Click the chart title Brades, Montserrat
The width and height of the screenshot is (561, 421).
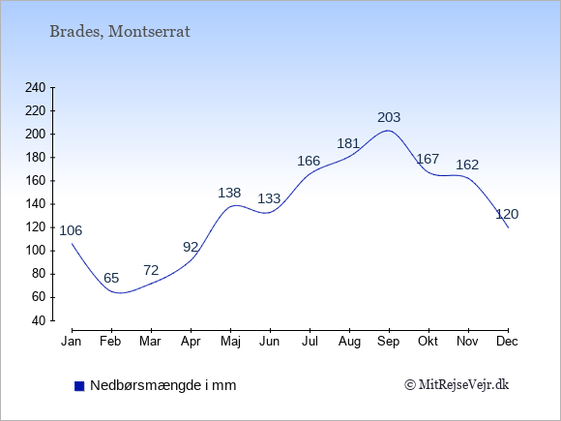click(x=120, y=32)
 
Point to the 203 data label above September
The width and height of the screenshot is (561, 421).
click(x=389, y=117)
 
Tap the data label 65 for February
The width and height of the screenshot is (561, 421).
click(x=111, y=278)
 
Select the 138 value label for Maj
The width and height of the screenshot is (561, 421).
click(x=229, y=193)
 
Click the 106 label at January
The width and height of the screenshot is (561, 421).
click(x=71, y=230)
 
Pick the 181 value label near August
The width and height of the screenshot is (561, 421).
click(x=348, y=143)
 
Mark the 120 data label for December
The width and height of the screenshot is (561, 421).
click(x=507, y=214)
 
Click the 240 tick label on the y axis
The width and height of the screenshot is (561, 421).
click(x=36, y=87)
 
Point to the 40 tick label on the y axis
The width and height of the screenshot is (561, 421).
click(x=39, y=320)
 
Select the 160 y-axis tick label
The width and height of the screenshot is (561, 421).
click(x=36, y=181)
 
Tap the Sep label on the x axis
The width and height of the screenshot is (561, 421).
click(x=389, y=342)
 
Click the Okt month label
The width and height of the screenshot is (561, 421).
click(x=428, y=342)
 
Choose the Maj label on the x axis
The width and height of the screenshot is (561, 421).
click(x=230, y=342)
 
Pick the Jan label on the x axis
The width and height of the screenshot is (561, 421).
click(x=72, y=342)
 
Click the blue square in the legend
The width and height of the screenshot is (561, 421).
click(x=79, y=386)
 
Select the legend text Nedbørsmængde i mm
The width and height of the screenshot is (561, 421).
click(x=163, y=385)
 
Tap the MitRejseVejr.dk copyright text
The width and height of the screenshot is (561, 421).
click(x=457, y=385)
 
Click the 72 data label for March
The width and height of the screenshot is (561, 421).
click(x=151, y=270)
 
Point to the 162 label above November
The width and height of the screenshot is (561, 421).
click(x=467, y=165)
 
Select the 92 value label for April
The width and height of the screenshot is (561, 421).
click(x=191, y=247)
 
